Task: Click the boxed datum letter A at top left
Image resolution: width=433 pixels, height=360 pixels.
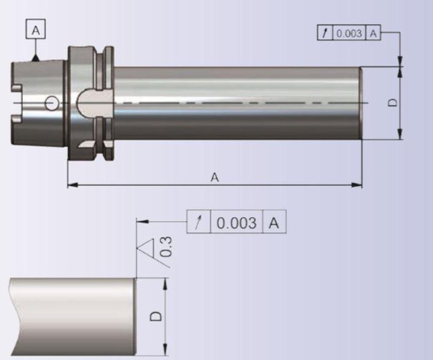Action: coord(36,30)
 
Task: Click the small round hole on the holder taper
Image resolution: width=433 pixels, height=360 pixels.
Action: coord(50,104)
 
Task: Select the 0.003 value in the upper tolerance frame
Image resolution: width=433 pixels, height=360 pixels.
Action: coord(350,33)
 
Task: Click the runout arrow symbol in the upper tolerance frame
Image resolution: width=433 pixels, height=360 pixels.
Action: coord(325,33)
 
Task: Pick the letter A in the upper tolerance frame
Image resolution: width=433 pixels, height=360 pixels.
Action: coord(373,33)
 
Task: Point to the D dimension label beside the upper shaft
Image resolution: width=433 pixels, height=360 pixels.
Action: coord(393,102)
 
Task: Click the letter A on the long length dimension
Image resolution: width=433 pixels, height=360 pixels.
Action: coord(214,177)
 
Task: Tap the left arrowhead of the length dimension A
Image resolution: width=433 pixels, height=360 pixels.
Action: coord(72,186)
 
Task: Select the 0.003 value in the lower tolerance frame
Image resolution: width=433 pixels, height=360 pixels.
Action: coord(237,223)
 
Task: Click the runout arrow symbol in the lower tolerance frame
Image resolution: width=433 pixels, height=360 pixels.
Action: coord(199,223)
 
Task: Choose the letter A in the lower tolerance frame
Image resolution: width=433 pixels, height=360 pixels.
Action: coord(274,223)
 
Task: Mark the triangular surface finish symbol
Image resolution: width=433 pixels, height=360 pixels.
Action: coord(147,251)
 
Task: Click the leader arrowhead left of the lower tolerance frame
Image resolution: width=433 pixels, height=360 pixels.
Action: coord(141,222)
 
